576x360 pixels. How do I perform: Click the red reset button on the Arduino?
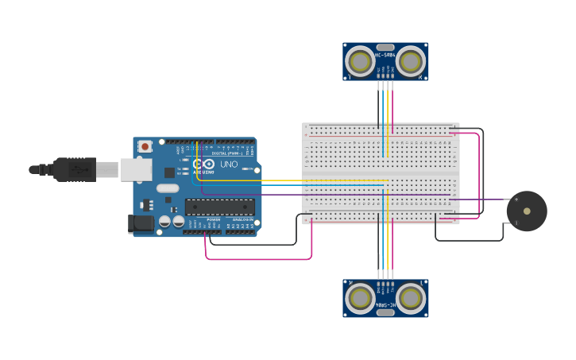145,146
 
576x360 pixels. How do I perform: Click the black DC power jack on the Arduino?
141,224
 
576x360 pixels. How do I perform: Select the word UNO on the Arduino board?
229,165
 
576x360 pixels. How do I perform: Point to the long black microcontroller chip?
220,207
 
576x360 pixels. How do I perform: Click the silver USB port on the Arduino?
136,169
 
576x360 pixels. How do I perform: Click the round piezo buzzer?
527,211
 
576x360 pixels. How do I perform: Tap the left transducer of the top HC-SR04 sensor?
360,61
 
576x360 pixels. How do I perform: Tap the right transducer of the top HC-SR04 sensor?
411,61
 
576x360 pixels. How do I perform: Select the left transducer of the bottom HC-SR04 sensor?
361,298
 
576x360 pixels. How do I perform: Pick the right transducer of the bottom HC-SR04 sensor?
411,298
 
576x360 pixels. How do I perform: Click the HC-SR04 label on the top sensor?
385,55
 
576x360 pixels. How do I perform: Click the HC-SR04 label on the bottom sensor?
385,304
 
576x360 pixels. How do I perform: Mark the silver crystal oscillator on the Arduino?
168,188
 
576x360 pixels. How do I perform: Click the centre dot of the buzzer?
527,211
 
